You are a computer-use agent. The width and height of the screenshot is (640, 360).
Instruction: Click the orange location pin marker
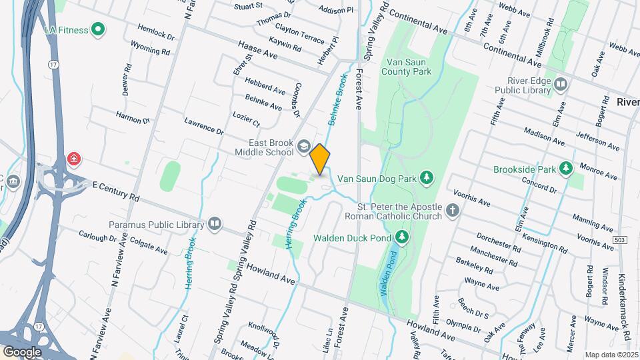point(320,159)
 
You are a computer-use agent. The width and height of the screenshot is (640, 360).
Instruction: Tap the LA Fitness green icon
point(98,29)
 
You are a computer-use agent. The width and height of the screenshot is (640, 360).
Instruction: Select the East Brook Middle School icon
point(303,146)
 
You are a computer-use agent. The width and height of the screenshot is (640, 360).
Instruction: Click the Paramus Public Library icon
point(215,223)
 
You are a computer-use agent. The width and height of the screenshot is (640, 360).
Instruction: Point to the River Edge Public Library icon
point(561,85)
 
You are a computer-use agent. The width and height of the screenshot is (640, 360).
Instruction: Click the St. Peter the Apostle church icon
point(453,211)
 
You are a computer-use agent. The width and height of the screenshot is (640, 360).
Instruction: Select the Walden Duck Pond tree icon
point(401,237)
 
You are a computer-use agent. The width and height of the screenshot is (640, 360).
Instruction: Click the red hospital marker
point(73,159)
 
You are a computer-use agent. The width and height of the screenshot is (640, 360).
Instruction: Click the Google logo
point(22,351)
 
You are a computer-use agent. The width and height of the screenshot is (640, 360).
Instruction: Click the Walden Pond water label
point(389,273)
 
